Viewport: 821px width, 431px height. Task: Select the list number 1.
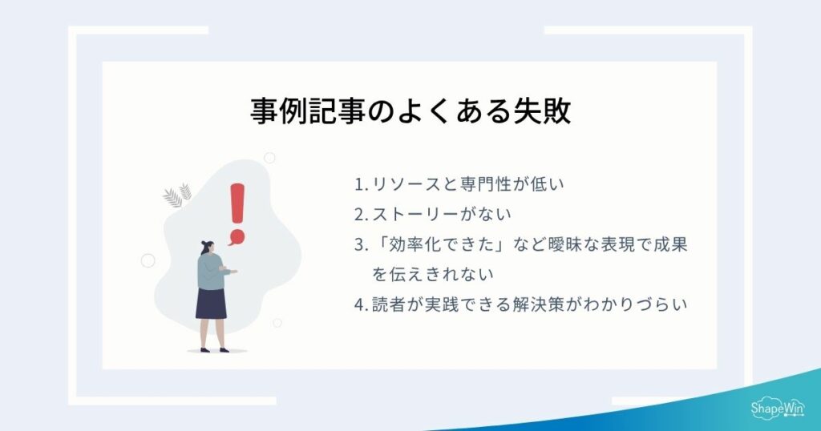359,184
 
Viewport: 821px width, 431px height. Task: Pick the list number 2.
359,214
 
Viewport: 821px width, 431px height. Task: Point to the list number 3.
359,244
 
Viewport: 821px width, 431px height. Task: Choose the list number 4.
359,304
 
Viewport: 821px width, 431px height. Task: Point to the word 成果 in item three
669,244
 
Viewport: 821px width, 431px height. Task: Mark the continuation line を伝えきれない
432,274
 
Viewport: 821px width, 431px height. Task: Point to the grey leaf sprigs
177,195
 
